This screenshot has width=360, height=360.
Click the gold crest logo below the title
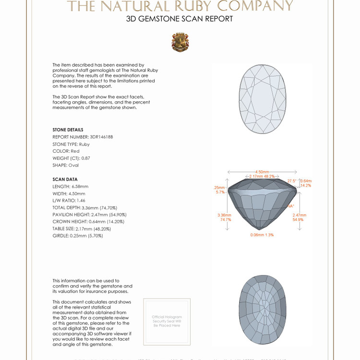point(180,42)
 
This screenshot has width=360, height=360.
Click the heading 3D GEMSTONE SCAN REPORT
point(180,19)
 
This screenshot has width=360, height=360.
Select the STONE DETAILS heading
point(68,130)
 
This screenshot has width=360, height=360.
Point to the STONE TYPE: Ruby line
point(71,144)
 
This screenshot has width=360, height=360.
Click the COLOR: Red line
point(66,151)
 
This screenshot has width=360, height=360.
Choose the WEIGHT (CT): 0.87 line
point(72,158)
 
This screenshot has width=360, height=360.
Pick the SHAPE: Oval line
point(66,165)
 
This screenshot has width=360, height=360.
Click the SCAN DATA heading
point(65,179)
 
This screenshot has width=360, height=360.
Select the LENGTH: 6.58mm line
point(71,186)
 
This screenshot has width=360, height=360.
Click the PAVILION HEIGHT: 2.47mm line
point(89,215)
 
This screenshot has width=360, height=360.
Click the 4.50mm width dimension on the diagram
point(262,171)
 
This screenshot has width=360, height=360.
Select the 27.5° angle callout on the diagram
point(292,180)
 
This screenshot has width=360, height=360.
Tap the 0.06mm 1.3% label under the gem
point(262,235)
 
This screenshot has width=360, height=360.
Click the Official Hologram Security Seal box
point(167,322)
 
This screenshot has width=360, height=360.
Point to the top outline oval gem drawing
point(262,99)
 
